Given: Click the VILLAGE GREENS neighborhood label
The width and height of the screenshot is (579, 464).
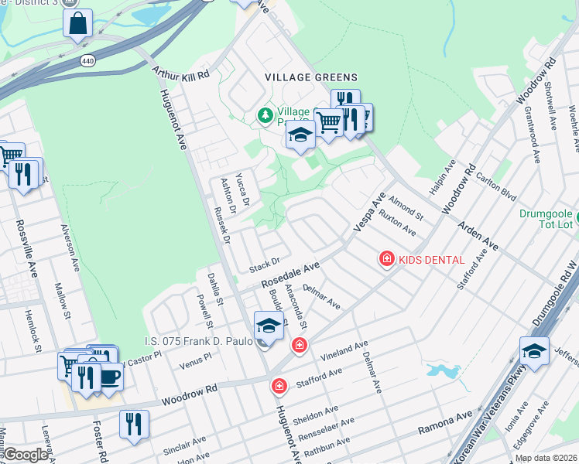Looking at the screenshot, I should [311, 77].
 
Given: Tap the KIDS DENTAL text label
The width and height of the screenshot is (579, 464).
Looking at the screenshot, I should [432, 260].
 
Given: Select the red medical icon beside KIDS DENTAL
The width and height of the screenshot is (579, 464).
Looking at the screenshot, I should [386, 260].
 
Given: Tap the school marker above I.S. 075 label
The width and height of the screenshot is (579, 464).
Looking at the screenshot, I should [269, 326].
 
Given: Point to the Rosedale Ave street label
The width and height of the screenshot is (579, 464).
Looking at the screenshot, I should [290, 275].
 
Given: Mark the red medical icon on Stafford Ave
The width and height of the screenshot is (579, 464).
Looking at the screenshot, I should [279, 384].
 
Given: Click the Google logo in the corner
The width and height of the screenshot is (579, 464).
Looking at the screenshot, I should [26, 455].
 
